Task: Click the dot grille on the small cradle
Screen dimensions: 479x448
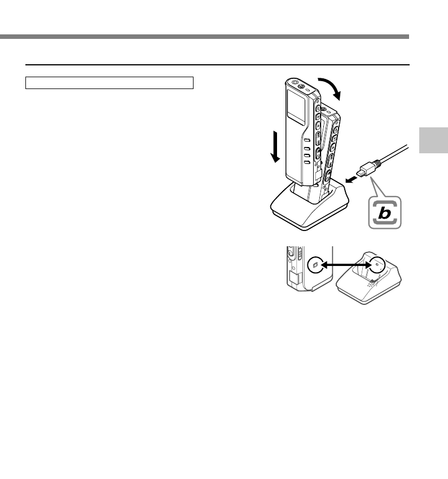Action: coord(369,285)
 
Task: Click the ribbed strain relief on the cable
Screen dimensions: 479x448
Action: coord(376,162)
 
